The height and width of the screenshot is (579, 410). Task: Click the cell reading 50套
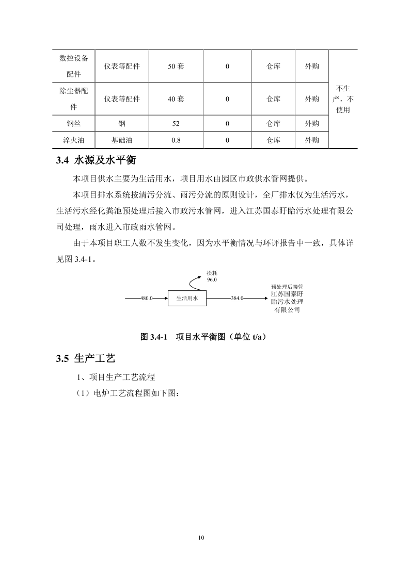[x=176, y=67]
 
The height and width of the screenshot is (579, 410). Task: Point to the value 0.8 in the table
[x=176, y=140]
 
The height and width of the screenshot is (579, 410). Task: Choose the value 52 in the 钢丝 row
[x=176, y=124]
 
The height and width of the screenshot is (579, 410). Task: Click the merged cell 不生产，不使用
[x=342, y=99]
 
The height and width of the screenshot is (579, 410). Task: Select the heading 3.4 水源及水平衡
[x=96, y=160]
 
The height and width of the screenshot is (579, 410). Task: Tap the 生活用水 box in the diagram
[x=187, y=298]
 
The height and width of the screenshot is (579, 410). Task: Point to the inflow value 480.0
[x=147, y=298]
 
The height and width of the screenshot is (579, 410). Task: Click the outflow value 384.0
[x=237, y=298]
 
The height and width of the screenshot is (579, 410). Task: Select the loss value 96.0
[x=212, y=279]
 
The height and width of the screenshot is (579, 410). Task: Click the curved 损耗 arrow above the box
[x=197, y=283]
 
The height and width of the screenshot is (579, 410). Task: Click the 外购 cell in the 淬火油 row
[x=311, y=140]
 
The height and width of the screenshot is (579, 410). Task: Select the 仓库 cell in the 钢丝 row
[x=273, y=124]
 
